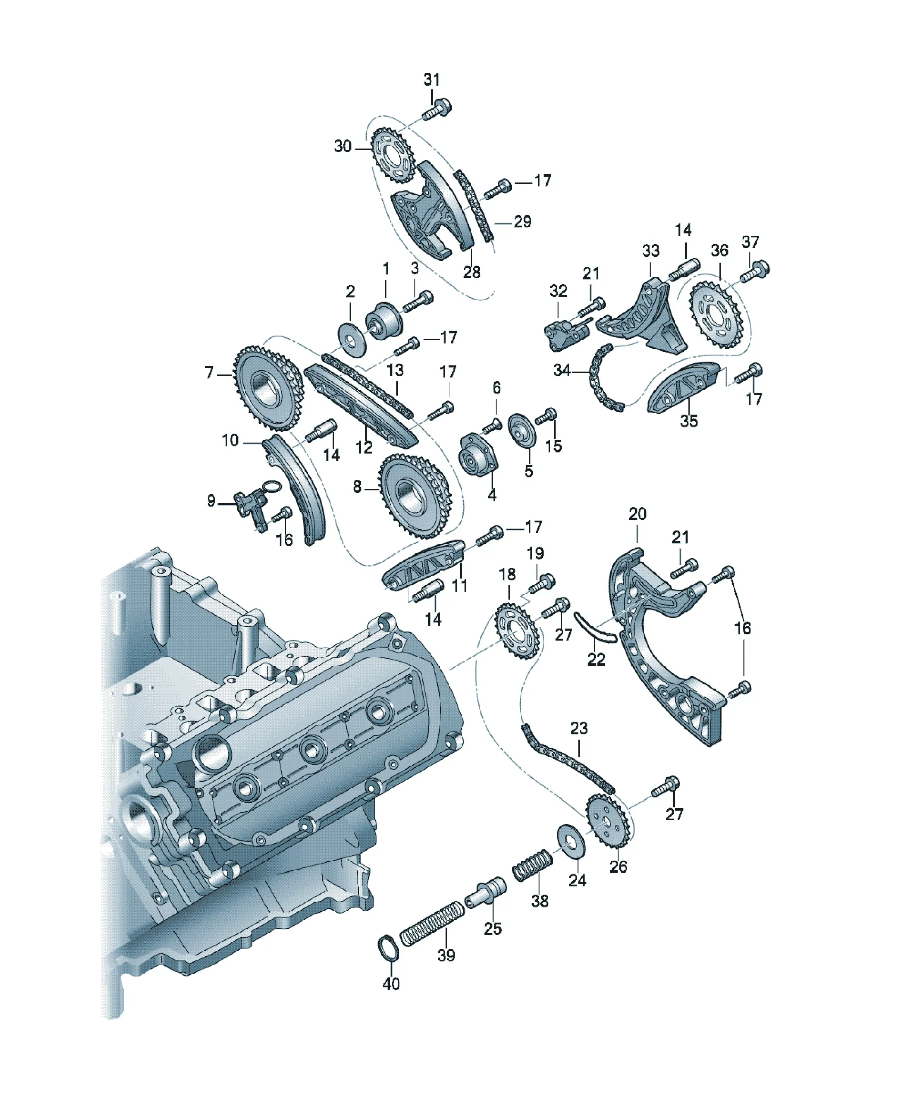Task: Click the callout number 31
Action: [432, 79]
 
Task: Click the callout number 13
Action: [395, 370]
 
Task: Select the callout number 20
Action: [637, 514]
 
